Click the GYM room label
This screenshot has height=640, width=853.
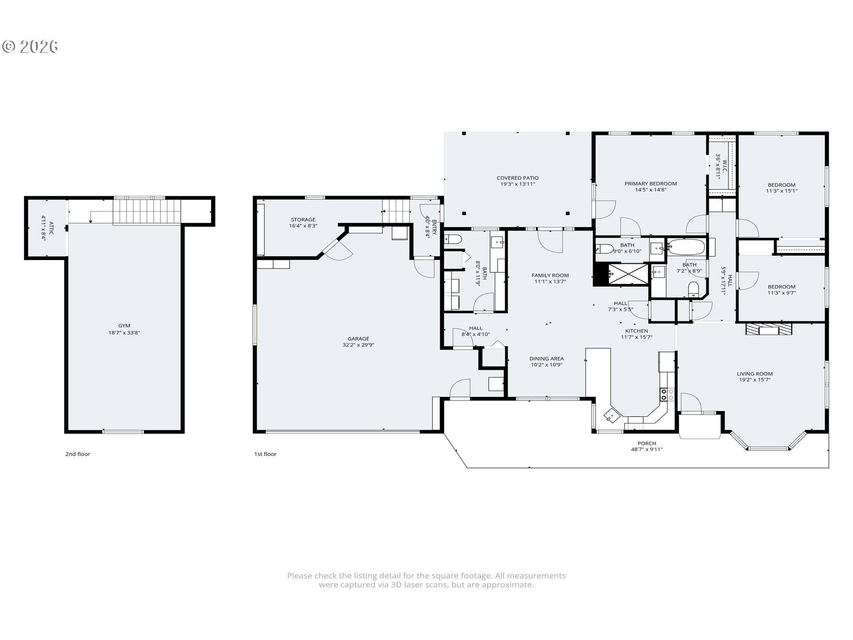(x=124, y=326)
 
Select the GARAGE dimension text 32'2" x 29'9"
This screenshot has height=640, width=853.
(x=358, y=345)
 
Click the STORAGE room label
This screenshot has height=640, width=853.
(x=303, y=220)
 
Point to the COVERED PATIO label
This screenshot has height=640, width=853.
(x=518, y=178)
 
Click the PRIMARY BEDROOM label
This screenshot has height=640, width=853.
(x=650, y=184)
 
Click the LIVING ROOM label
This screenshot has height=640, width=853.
(x=754, y=374)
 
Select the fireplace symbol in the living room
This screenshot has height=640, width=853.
(x=769, y=329)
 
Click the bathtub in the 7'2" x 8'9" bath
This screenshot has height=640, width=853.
(x=686, y=247)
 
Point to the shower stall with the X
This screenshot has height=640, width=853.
(x=628, y=274)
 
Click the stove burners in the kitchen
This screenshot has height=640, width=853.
(x=667, y=395)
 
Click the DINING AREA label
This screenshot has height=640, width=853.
(x=546, y=359)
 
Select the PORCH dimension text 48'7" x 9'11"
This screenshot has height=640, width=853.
(x=646, y=449)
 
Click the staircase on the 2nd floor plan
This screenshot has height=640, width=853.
(x=147, y=212)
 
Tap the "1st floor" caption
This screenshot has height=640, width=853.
(x=265, y=454)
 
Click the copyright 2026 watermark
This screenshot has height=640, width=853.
(x=30, y=47)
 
